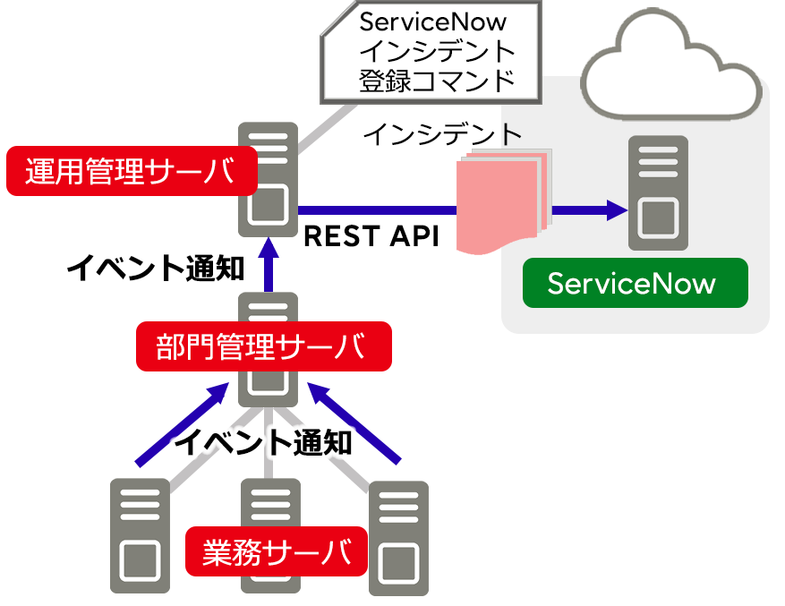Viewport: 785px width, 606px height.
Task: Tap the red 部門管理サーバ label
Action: (x=263, y=346)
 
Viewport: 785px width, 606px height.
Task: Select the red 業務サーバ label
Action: (x=277, y=551)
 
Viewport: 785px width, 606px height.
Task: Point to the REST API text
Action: (x=371, y=236)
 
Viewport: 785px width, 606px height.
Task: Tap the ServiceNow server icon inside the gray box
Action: (x=659, y=192)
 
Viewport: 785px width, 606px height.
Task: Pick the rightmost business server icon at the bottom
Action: (x=399, y=538)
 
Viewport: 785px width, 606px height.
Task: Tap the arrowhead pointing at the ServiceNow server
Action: (x=617, y=210)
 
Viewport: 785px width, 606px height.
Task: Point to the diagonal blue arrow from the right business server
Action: (x=353, y=424)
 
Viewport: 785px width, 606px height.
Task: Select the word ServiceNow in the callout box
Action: (x=432, y=21)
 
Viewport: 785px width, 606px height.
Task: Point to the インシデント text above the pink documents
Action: (x=442, y=134)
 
